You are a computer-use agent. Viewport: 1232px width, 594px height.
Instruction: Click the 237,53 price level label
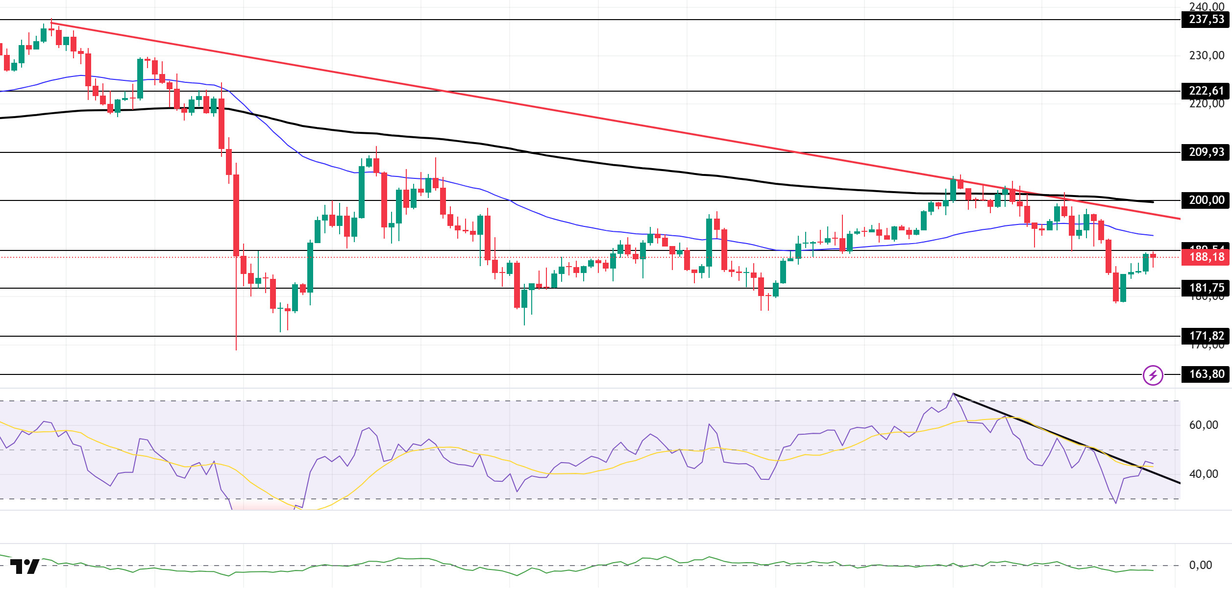(1206, 20)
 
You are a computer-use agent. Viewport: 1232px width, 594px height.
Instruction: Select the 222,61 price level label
(1206, 91)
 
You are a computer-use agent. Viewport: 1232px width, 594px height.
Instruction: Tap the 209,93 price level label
(1206, 152)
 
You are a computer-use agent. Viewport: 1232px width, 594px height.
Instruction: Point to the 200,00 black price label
(1206, 200)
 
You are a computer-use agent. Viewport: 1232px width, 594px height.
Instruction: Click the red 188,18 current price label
(1206, 257)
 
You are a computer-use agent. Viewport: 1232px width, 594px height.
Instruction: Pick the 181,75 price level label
(1206, 288)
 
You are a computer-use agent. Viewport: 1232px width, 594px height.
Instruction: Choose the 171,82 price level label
(1206, 336)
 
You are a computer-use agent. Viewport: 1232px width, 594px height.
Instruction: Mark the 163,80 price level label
(1206, 374)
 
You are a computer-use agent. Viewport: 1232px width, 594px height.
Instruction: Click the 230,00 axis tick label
(1206, 56)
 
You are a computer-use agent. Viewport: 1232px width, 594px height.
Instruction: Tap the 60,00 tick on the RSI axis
(1203, 425)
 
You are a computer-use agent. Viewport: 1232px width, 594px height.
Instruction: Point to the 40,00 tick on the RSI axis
(1203, 474)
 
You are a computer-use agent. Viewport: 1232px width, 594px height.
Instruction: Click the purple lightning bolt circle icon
(1153, 375)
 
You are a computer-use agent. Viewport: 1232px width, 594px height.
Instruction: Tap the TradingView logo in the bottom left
(25, 567)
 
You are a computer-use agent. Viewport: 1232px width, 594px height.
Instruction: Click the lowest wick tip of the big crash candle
(236, 350)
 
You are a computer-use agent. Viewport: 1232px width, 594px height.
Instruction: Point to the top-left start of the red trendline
(51, 23)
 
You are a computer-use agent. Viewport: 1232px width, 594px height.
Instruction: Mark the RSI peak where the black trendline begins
(953, 394)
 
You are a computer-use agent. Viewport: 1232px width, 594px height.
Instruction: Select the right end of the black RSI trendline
(1180, 483)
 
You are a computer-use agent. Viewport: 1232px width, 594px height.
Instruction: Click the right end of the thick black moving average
(1153, 202)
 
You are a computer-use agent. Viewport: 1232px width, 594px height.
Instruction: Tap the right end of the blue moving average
(1153, 236)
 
